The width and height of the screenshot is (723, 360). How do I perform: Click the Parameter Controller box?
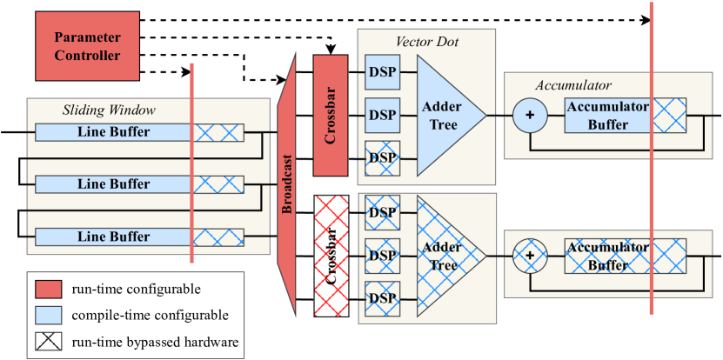87,46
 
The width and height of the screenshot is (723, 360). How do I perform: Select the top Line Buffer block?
113,132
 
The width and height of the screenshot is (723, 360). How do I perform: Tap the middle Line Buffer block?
113,184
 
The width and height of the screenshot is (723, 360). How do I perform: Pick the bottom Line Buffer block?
113,237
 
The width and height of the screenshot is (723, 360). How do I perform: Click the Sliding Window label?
109,110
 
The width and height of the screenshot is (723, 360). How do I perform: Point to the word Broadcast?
287,185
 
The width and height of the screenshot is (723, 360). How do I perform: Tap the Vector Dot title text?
426,42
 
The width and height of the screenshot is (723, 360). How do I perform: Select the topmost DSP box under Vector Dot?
382,72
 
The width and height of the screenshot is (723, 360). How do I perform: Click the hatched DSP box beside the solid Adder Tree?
382,158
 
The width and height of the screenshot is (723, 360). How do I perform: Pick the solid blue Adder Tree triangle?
445,115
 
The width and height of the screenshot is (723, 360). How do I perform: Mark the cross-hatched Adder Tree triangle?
445,256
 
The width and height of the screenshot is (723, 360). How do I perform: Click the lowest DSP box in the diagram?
382,298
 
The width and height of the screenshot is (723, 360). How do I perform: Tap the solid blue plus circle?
529,115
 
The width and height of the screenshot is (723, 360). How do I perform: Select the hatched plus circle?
529,256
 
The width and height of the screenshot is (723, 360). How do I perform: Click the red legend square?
49,289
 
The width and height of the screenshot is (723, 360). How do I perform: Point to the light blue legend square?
49,315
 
